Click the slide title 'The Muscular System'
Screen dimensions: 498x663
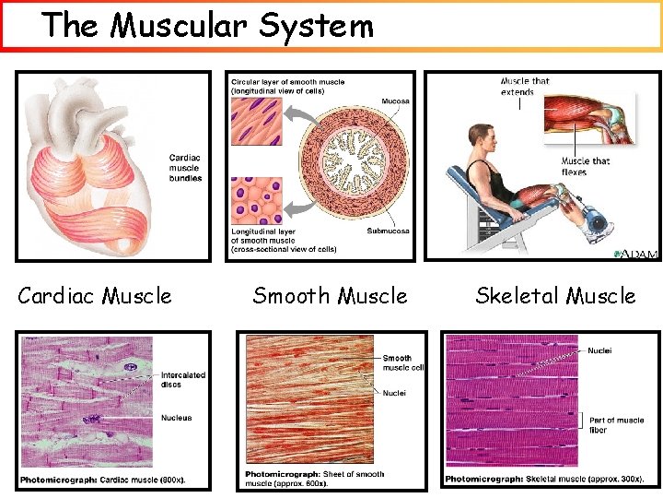pos(208,25)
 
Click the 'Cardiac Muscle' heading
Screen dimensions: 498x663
pos(95,296)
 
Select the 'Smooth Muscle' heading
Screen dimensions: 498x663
pos(330,296)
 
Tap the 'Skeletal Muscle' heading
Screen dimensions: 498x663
pos(555,296)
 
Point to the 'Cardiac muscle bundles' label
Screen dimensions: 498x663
pos(185,168)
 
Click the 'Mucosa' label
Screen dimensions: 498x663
pos(396,101)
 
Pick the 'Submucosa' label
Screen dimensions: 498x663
pos(389,231)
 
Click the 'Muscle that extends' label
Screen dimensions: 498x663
pos(525,86)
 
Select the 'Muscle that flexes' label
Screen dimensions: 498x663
pos(586,167)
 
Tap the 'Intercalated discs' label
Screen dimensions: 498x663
pos(183,379)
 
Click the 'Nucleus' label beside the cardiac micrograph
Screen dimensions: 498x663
pos(177,418)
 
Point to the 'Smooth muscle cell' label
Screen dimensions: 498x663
pos(403,362)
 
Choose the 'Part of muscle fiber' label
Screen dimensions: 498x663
pos(616,425)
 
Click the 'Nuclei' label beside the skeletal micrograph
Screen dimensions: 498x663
pos(599,350)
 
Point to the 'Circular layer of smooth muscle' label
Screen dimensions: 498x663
pos(288,87)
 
